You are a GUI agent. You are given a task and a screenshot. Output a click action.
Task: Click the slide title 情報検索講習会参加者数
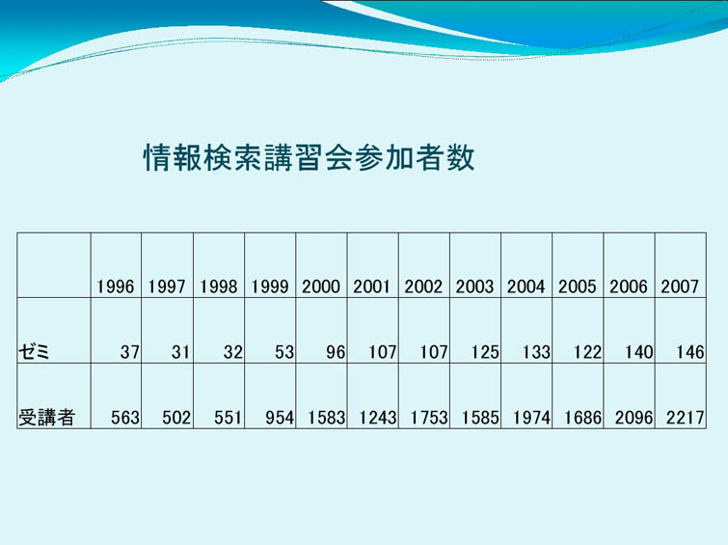(309, 157)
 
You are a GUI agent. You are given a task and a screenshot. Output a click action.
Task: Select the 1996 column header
(116, 286)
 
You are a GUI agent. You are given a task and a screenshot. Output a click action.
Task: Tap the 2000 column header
(321, 286)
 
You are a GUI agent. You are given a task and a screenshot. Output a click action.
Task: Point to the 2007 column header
(680, 286)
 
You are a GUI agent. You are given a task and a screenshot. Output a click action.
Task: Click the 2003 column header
(474, 286)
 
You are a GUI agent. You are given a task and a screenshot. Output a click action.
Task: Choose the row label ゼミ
(34, 352)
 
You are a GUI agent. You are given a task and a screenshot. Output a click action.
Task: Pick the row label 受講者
(46, 418)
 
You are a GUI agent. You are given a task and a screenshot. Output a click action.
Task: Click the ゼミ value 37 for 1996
(130, 352)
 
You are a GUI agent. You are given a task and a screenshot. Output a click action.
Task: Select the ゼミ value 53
(284, 352)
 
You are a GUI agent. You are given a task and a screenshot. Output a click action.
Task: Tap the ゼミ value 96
(336, 352)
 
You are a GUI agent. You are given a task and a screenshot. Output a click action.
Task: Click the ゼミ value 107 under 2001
(383, 352)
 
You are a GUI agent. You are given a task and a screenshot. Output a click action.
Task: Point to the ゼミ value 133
(536, 352)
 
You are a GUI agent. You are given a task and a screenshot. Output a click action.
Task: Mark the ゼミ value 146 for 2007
(690, 352)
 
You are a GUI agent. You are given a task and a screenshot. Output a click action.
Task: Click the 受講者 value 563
(125, 418)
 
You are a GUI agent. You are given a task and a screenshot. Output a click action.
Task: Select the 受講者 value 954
(280, 418)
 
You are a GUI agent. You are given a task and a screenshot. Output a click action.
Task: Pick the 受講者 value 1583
(326, 418)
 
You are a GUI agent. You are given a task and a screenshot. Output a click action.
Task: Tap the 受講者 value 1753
(429, 418)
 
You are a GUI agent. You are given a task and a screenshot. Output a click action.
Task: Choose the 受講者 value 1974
(531, 418)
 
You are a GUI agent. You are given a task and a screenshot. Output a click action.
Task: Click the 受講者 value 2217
(686, 418)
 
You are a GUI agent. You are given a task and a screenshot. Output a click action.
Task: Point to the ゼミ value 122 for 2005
(588, 352)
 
